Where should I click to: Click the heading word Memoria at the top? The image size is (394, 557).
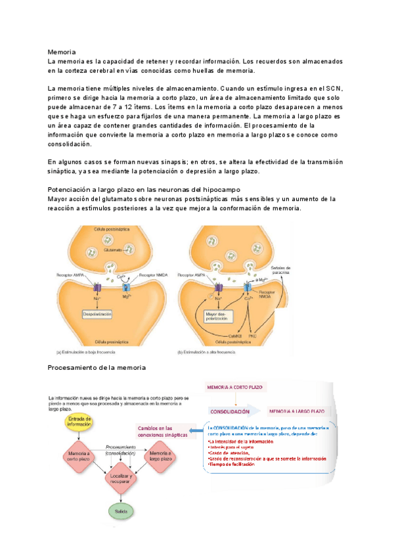(62, 51)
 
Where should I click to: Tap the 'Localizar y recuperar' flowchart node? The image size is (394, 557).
(120, 478)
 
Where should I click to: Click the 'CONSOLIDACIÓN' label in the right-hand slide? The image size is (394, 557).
(230, 412)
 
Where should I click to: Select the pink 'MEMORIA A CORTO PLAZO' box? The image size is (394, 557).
(234, 388)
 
